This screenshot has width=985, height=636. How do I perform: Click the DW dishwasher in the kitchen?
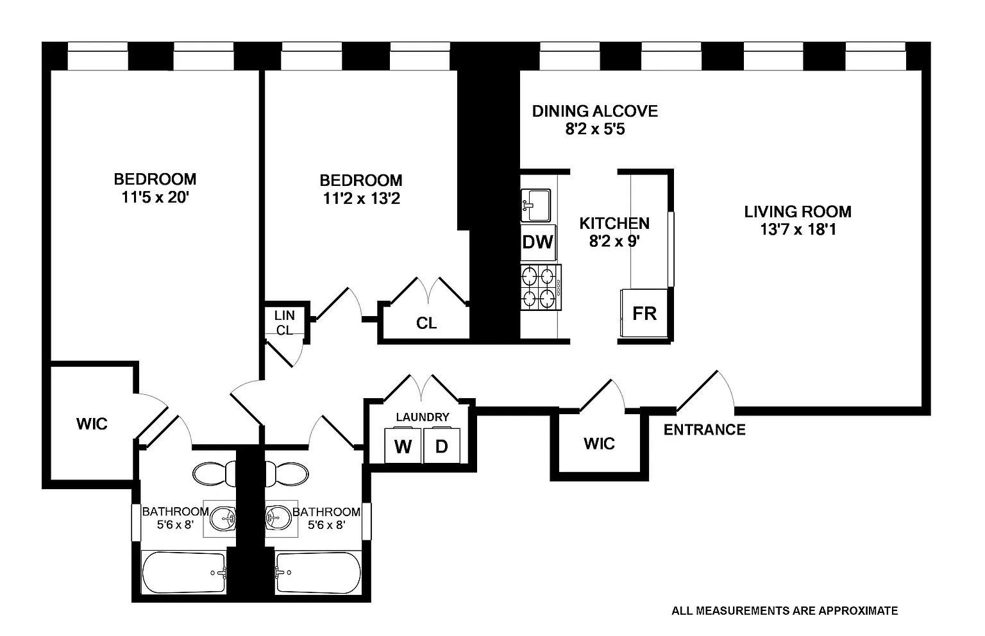(x=538, y=242)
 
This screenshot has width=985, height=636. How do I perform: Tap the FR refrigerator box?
(x=644, y=313)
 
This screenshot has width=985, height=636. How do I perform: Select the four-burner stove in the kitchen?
(x=541, y=287)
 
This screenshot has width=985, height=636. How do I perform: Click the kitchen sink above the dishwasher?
(x=535, y=205)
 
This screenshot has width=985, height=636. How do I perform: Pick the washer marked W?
(x=403, y=446)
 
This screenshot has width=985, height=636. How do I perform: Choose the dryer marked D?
(x=441, y=446)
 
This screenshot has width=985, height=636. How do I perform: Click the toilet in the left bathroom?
(x=215, y=474)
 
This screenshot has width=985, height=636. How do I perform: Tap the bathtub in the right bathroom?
(x=318, y=573)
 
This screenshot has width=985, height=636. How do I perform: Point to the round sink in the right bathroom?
(x=278, y=519)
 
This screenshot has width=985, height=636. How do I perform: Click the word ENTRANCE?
(x=705, y=430)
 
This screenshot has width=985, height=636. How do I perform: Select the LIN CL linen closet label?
(x=285, y=322)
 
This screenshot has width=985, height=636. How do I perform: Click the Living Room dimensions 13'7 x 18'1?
(x=798, y=230)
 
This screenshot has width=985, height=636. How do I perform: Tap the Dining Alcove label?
(x=595, y=111)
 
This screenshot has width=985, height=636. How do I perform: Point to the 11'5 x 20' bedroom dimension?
(x=155, y=197)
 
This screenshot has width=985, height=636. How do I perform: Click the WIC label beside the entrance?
(x=599, y=444)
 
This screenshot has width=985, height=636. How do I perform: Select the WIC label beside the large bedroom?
(x=92, y=424)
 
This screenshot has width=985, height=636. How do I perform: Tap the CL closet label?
(x=426, y=324)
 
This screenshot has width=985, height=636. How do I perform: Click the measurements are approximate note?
(x=784, y=611)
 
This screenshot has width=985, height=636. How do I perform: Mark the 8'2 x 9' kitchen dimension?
(x=614, y=241)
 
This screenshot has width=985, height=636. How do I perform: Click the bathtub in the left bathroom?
(x=184, y=573)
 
